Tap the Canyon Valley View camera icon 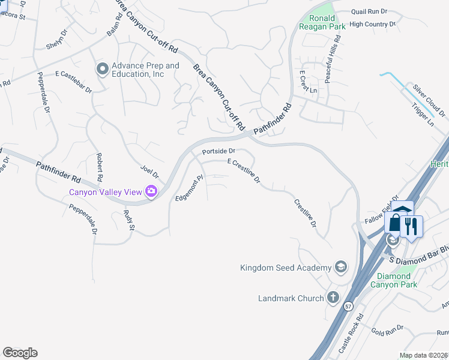[x=151, y=192]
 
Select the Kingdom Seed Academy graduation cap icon [x=341, y=267]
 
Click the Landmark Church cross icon [x=333, y=298]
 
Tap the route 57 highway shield [x=349, y=306]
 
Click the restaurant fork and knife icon [x=411, y=226]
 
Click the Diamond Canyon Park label [x=402, y=281]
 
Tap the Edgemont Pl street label [x=190, y=188]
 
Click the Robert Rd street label [x=99, y=168]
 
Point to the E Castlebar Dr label [x=73, y=82]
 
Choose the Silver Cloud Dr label [x=429, y=100]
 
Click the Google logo [x=20, y=353]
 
